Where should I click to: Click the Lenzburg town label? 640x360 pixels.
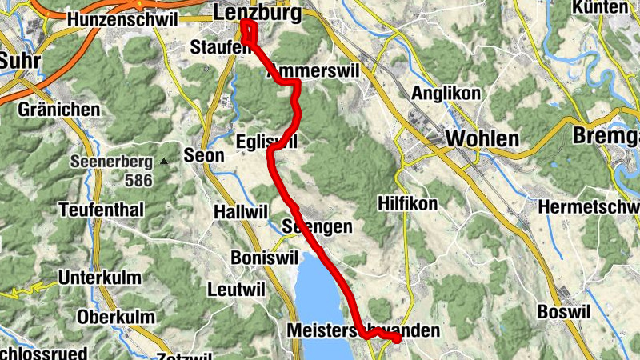pyautogui.click(x=258, y=13)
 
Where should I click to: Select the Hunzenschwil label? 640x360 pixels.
pyautogui.click(x=123, y=18)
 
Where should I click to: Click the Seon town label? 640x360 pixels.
pyautogui.click(x=204, y=155)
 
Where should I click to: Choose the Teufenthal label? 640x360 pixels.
pyautogui.click(x=101, y=210)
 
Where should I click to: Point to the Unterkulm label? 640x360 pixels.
pyautogui.click(x=99, y=278)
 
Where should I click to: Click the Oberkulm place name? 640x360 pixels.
pyautogui.click(x=116, y=317)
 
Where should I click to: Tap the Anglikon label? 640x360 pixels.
pyautogui.click(x=446, y=94)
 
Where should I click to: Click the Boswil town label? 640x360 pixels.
pyautogui.click(x=563, y=310)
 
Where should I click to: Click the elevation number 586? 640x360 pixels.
pyautogui.click(x=138, y=181)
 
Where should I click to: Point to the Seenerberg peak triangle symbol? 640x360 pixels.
pyautogui.click(x=163, y=162)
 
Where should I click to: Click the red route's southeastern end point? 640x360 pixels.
pyautogui.click(x=397, y=340)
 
